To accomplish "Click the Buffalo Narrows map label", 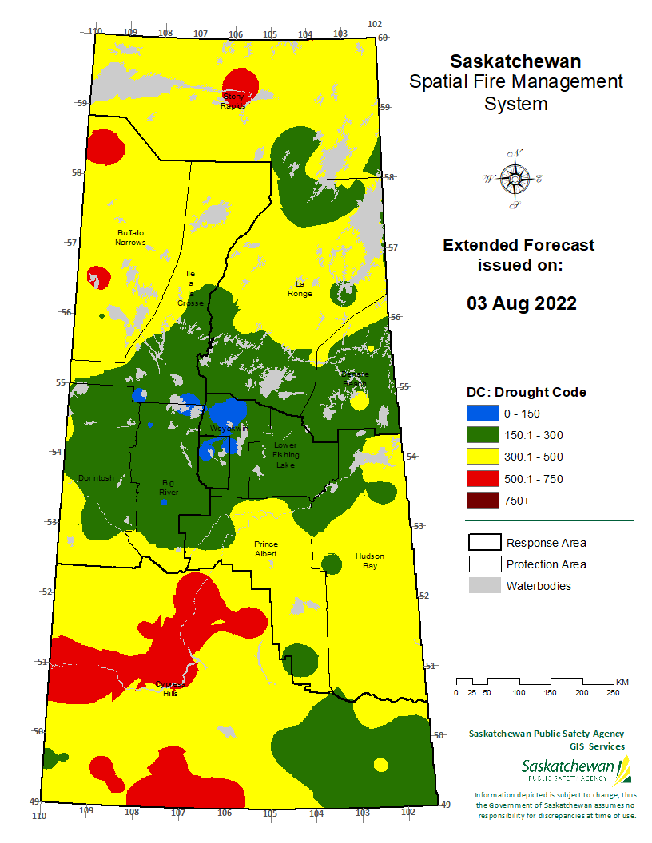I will click(x=130, y=237).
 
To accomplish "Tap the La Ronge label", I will click(x=300, y=288).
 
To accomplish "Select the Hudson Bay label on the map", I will click(x=370, y=560).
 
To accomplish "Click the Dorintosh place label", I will click(x=96, y=478).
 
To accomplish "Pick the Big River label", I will click(x=169, y=487).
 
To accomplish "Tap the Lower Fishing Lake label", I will click(x=285, y=454).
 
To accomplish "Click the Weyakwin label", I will click(x=229, y=429).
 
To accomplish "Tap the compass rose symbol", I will click(x=513, y=179).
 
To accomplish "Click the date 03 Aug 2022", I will click(x=521, y=303).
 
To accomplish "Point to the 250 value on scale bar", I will click(x=612, y=692).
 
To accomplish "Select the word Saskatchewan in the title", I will click(x=515, y=61).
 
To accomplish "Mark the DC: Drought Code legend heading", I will click(x=526, y=392).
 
